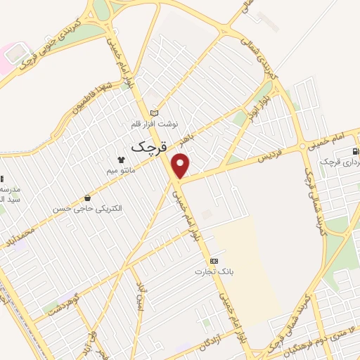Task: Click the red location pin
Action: [181, 165]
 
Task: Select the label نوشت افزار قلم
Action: [155, 124]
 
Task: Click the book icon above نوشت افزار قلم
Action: [155, 113]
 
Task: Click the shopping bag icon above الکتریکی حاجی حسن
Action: [86, 198]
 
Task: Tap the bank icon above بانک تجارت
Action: [214, 261]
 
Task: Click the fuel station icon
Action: [355, 151]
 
